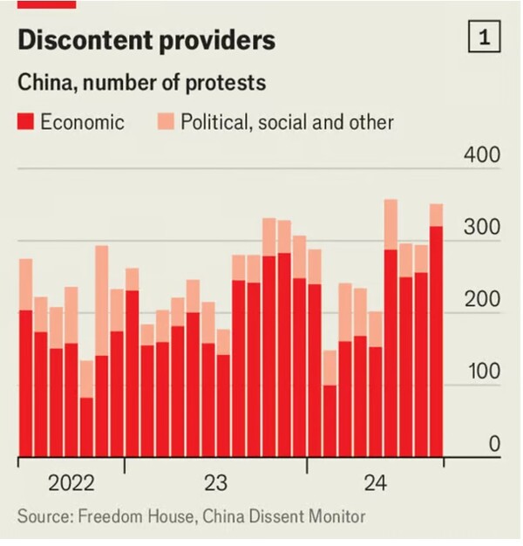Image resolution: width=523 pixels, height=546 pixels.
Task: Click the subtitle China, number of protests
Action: point(142,85)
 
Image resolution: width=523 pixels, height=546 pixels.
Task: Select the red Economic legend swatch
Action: point(25,121)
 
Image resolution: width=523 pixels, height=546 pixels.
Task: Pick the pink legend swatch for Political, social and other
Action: point(165,121)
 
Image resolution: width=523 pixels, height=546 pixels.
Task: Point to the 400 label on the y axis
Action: point(481,157)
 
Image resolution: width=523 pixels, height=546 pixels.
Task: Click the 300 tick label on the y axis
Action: point(481,229)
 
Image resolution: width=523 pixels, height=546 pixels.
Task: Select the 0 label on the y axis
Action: point(493,445)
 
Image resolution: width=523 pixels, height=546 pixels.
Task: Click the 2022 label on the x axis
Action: point(71,483)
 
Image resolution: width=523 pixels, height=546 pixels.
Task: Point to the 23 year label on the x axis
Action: point(215,483)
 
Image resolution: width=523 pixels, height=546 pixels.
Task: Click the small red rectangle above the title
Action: point(47,3)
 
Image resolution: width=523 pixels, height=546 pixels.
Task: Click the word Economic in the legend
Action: point(83,121)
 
